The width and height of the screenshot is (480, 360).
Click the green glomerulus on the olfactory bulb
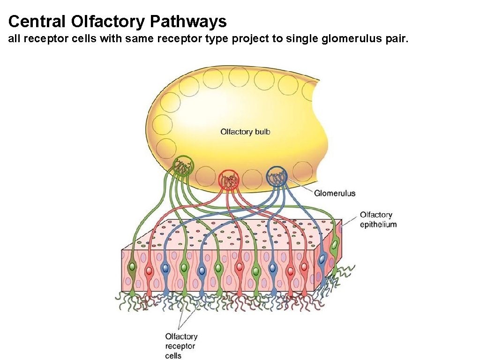coord(183,166)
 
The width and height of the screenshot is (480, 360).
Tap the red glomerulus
coord(229,180)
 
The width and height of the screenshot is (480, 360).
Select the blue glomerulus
coord(277,177)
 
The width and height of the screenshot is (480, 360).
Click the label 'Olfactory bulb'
coord(245,132)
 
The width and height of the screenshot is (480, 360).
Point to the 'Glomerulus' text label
coord(335,193)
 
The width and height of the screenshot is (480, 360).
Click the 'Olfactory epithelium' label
coord(378,219)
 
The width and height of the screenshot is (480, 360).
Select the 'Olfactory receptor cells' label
coord(181,346)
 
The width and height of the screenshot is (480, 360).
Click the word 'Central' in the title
coord(37,21)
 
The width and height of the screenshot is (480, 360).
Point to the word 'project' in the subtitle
coord(251,39)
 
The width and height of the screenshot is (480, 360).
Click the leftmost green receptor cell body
coord(133,267)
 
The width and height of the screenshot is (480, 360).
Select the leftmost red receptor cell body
coord(149,270)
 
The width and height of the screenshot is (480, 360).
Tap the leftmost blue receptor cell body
coord(165,268)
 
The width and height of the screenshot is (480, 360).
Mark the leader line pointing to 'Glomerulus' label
coord(300,187)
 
